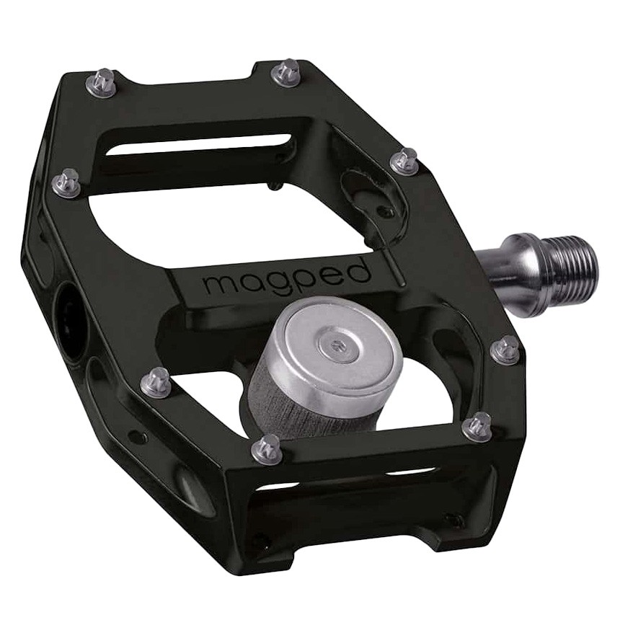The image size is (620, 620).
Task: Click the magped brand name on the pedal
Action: click(x=287, y=276)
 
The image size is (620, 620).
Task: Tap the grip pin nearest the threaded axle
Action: click(x=505, y=351)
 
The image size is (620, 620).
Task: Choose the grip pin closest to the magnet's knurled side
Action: click(x=267, y=448)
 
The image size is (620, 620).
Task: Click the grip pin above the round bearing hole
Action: click(x=67, y=182)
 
